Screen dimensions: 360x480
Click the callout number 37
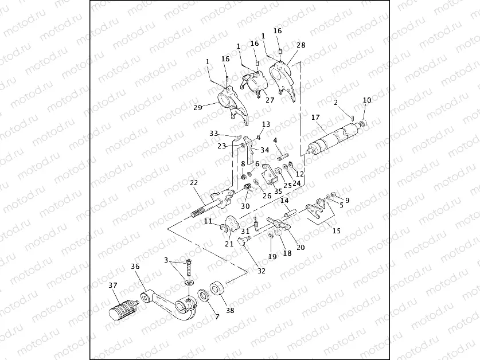tap(113, 285)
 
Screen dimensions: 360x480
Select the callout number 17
tap(315, 118)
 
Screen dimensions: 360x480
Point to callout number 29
tap(197, 107)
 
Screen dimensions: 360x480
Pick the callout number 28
tap(302, 44)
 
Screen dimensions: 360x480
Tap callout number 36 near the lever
tap(135, 267)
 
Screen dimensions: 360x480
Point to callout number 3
tap(166, 260)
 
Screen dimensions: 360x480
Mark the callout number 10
tap(367, 100)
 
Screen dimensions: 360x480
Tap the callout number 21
tap(229, 244)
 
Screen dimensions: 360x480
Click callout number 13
tap(266, 124)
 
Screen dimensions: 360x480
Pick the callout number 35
tap(278, 191)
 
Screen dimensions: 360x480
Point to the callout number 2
tap(335, 103)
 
